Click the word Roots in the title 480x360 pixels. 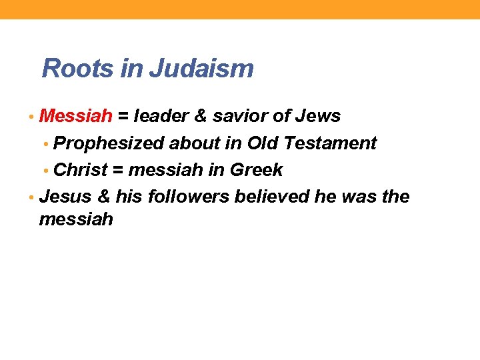point(74,68)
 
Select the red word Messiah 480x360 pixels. point(76,116)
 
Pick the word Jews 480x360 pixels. point(318,116)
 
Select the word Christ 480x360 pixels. point(80,170)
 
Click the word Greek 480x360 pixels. point(257,170)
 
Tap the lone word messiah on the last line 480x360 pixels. point(76,219)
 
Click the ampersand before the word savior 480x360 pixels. point(199,116)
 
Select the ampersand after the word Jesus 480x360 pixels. point(103,197)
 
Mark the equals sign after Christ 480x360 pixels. point(118,171)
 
